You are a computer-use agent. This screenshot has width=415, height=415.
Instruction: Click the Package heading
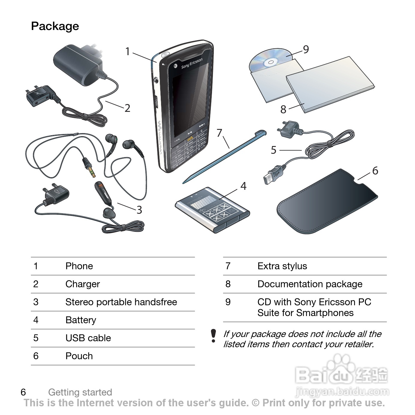coord(55,26)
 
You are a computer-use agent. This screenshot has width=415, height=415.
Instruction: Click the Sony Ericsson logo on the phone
coord(192,63)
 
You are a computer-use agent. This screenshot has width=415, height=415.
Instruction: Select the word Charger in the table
coord(82,284)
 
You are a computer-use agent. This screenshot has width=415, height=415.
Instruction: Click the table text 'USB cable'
coord(88,338)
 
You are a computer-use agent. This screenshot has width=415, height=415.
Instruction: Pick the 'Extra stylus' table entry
coord(282,266)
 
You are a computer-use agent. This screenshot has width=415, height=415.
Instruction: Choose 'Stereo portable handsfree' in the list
coord(121,302)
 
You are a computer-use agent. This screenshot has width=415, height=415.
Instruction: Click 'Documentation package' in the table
coord(310,284)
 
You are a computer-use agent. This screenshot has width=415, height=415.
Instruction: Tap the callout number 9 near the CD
coord(306,49)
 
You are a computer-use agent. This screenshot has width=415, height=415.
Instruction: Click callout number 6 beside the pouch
coord(375,171)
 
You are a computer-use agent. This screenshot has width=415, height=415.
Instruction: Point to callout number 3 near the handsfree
coord(139,210)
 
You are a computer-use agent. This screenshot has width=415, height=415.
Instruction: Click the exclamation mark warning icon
coord(213,336)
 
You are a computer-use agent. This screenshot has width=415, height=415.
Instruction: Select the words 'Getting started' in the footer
coord(80,392)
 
